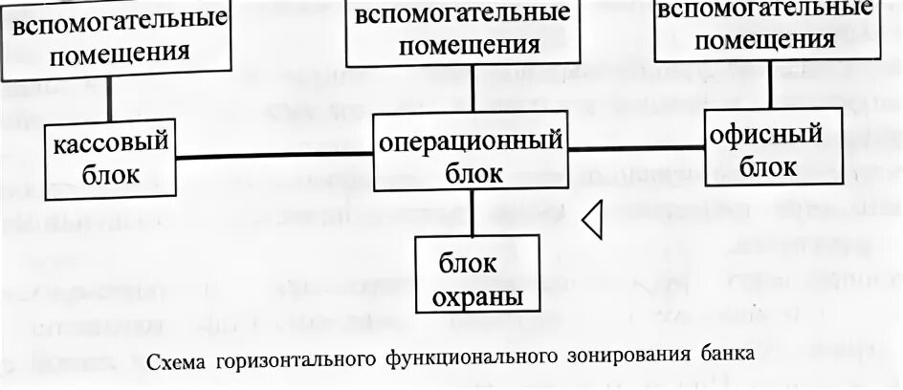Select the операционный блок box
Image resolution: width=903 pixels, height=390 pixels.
[x=473, y=157]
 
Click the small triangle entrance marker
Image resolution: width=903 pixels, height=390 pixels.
[x=593, y=221]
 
